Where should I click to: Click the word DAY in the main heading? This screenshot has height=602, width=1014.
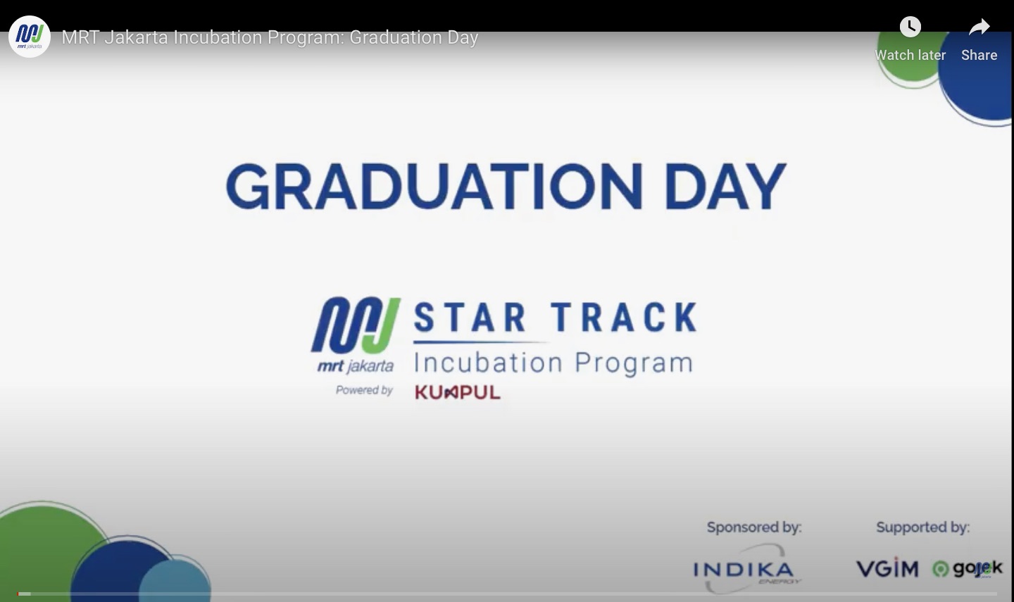725,187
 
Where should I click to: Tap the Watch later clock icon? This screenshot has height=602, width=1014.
910,27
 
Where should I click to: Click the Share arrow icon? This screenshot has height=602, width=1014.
979,27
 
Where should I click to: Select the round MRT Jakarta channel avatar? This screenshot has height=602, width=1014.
30,37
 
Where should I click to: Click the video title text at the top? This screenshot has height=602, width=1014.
270,37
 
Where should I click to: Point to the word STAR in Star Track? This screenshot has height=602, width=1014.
470,318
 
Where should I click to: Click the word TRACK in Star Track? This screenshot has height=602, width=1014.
624,318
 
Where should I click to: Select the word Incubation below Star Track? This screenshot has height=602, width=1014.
488,363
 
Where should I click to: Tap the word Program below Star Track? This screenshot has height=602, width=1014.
634,364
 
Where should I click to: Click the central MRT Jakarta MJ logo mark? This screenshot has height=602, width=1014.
356,326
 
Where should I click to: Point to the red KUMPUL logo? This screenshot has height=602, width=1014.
458,392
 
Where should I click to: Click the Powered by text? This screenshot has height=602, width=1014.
364,390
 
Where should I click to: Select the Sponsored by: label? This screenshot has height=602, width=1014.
754,527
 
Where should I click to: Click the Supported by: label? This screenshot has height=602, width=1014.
922,527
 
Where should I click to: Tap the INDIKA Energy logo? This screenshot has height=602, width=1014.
744,570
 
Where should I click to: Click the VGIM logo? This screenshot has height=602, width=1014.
887,568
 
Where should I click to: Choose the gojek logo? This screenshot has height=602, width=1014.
968,568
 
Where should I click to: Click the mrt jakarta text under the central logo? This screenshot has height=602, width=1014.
356,366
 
